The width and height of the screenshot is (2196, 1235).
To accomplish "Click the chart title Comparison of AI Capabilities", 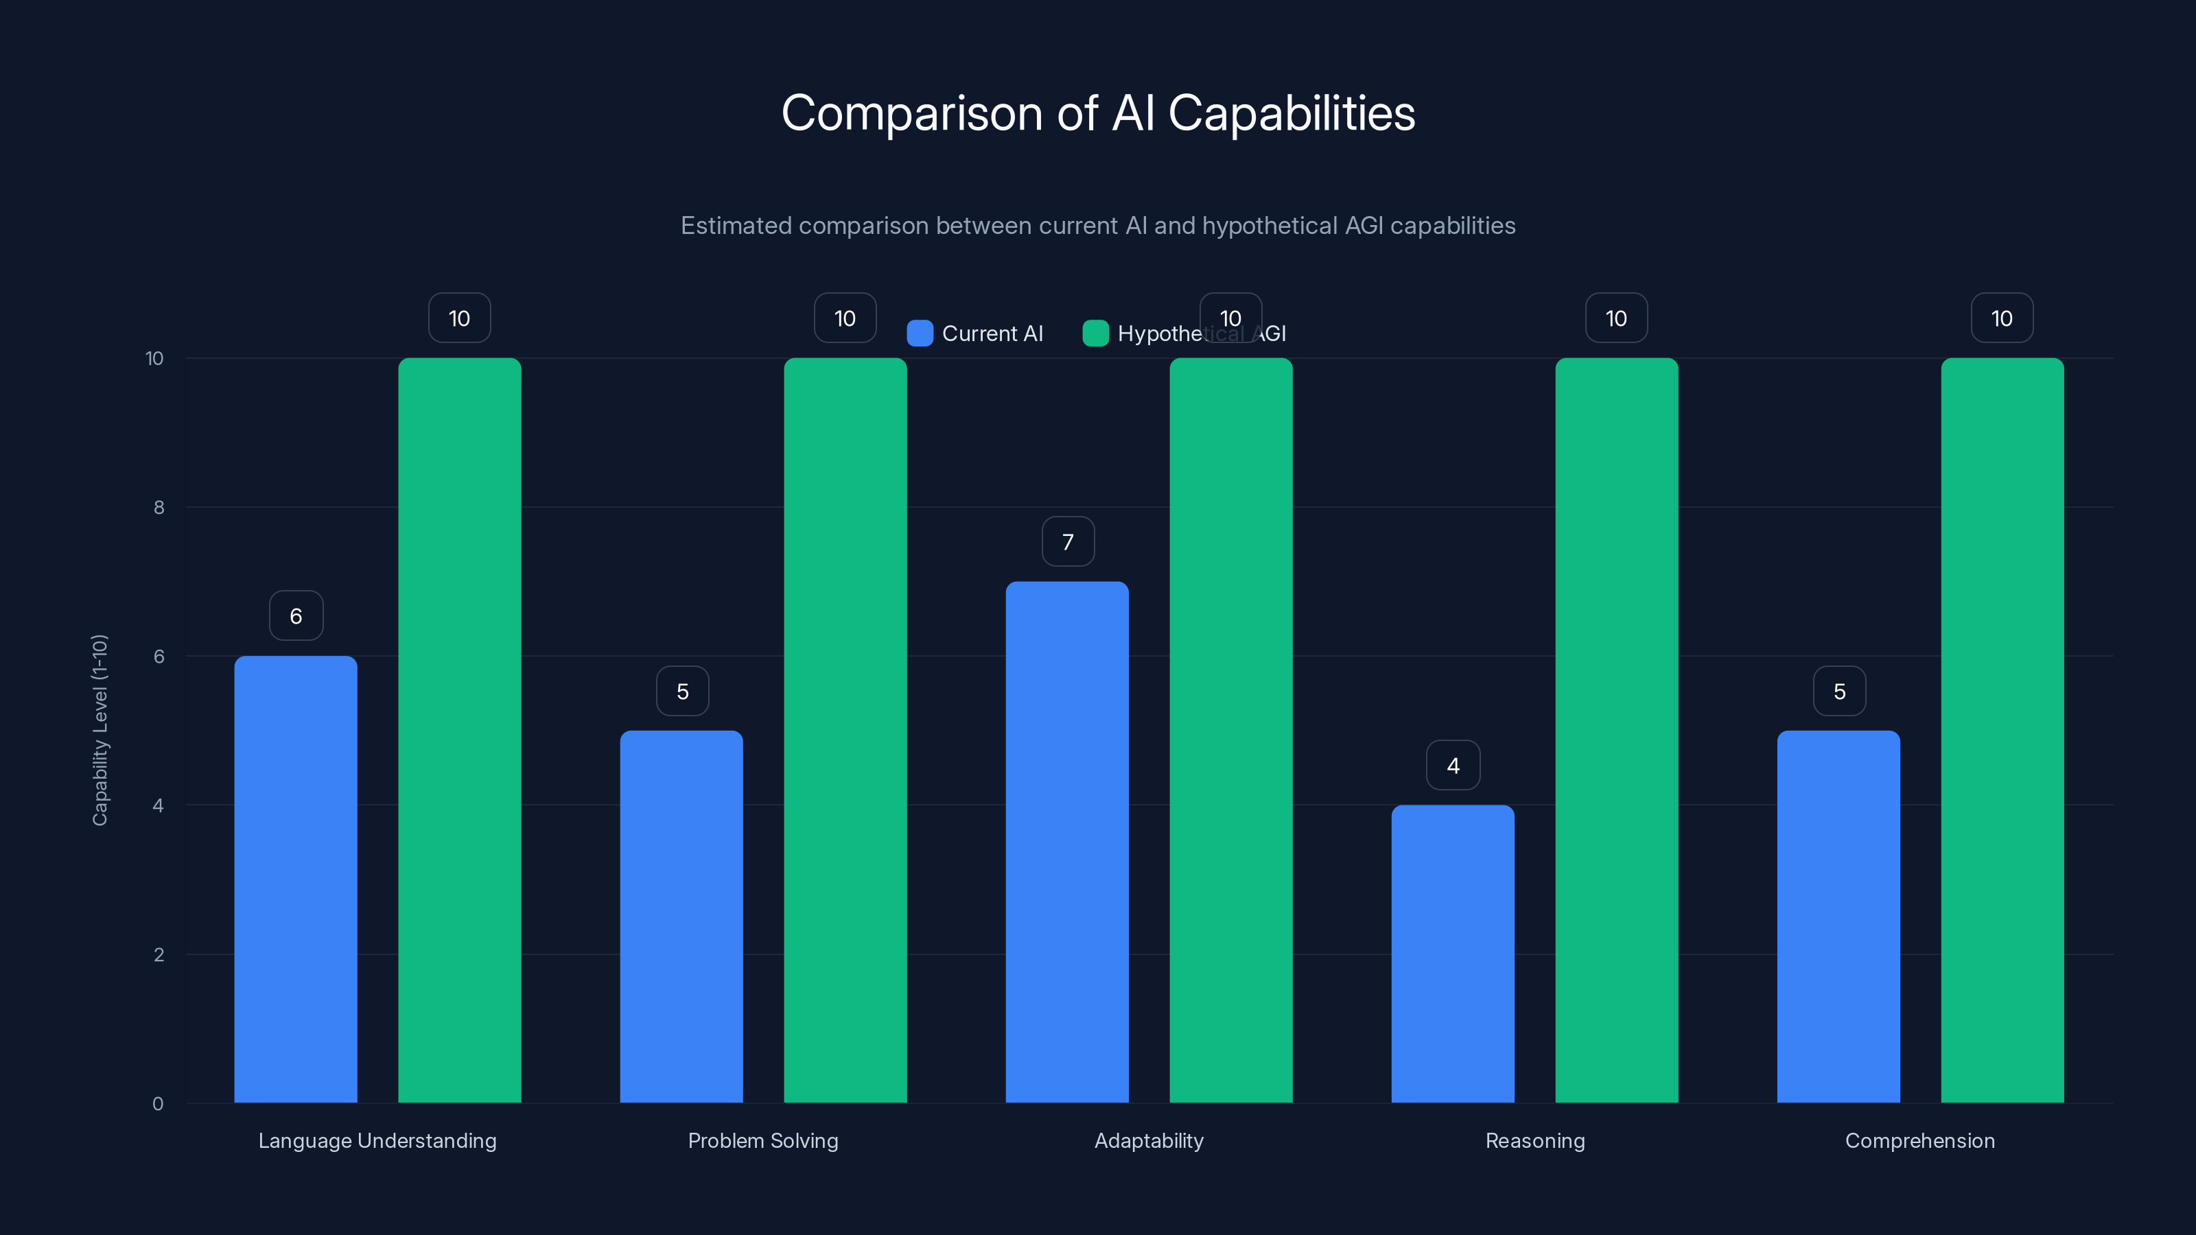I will click(1098, 113).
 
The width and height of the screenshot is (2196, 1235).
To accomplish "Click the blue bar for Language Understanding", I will click(296, 879).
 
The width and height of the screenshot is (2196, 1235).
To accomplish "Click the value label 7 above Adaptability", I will click(1067, 542).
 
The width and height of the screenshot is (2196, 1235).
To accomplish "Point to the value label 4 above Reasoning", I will click(1453, 766).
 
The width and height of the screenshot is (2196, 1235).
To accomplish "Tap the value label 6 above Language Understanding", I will click(296, 616).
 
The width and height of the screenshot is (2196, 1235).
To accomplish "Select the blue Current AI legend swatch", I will click(920, 333).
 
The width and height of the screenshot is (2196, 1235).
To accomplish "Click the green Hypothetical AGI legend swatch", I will click(1095, 333).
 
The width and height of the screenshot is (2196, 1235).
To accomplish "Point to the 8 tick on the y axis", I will click(159, 508).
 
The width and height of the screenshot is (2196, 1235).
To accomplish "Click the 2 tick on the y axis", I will click(159, 954).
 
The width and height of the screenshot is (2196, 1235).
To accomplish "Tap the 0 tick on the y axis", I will click(158, 1104).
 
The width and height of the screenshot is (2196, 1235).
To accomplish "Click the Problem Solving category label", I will click(763, 1140).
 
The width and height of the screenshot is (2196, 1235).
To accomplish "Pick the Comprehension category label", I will click(1920, 1140).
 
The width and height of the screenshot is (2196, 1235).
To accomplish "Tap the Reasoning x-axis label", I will click(1534, 1140).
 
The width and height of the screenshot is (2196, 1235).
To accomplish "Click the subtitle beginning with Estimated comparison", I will click(1098, 226).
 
